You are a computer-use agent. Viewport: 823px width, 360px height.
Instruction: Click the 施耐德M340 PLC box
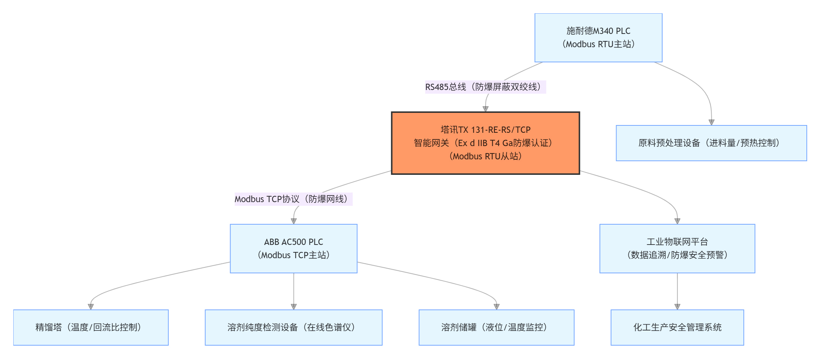(x=598, y=38)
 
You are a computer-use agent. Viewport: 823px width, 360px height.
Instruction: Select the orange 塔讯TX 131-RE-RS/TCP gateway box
(x=485, y=143)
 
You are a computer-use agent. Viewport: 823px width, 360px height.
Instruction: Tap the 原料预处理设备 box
(x=711, y=143)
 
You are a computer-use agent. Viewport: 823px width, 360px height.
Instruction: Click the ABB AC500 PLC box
(x=294, y=248)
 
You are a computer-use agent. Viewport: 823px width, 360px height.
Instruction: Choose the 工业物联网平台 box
(x=677, y=248)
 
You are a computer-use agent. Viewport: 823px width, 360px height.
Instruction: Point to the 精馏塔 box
(x=91, y=327)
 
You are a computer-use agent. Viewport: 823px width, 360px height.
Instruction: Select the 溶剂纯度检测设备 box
(x=294, y=327)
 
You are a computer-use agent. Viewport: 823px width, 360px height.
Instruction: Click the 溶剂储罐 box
(x=496, y=327)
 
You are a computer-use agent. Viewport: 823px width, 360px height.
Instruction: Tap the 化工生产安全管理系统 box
(x=677, y=327)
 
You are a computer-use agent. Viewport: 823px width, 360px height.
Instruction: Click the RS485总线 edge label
(x=485, y=87)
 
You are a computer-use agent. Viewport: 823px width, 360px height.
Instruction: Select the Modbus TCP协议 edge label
(x=294, y=199)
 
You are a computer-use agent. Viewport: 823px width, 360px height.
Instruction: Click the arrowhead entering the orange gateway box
(x=486, y=109)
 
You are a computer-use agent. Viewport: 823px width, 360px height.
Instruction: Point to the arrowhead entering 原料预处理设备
(x=711, y=122)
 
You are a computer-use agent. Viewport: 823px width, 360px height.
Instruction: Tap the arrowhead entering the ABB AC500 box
(x=294, y=221)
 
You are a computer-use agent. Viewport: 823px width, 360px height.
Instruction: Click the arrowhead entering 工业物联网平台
(x=677, y=221)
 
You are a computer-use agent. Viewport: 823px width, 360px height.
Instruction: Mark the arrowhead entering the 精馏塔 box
(x=91, y=307)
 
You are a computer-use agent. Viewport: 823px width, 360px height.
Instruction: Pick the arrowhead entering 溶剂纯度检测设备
(x=294, y=307)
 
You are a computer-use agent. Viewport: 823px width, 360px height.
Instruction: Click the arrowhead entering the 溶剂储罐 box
(x=497, y=307)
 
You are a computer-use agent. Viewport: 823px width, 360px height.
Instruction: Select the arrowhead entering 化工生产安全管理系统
(x=677, y=307)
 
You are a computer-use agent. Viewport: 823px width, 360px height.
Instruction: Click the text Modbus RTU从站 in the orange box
(x=485, y=156)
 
